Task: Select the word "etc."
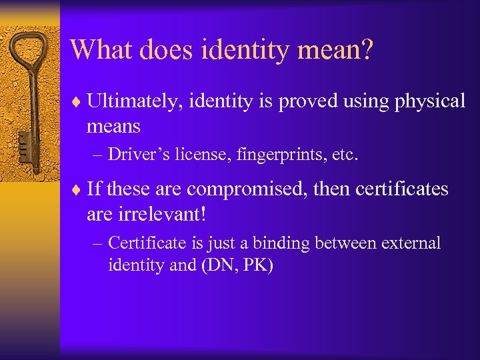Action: click(x=341, y=155)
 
